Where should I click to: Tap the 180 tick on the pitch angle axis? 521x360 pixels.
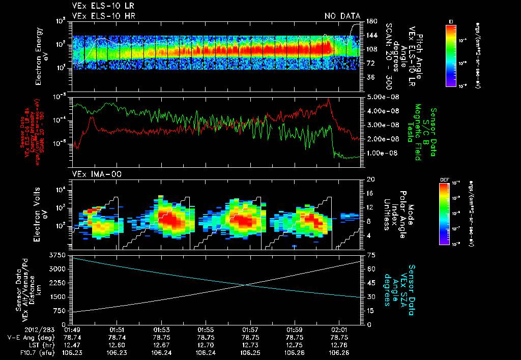tap(371, 21)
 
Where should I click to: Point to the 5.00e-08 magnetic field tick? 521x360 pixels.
tap(381, 97)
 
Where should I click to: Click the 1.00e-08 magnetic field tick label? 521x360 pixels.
tap(381, 153)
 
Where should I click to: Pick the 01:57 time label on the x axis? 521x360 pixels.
tap(250, 329)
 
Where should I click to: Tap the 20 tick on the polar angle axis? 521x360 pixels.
tap(370, 179)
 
